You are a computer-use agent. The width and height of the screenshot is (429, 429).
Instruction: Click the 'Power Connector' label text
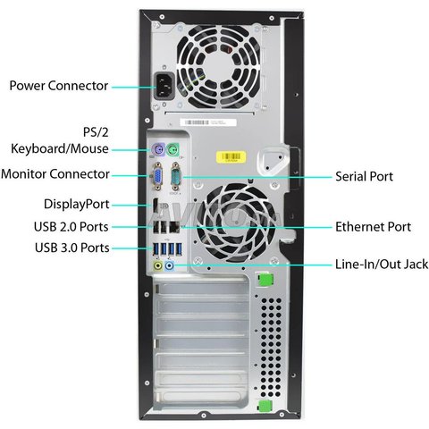59,86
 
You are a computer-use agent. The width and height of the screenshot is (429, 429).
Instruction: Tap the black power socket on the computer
164,87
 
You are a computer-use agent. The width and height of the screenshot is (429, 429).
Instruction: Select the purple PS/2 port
158,148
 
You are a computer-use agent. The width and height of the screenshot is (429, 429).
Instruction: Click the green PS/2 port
173,149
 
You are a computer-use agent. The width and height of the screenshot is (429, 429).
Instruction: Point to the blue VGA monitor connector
157,176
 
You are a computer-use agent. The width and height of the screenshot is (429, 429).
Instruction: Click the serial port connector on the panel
176,176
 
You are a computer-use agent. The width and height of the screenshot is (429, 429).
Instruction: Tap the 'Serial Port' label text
364,176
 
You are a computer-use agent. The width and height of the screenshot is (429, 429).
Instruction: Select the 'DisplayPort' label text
77,205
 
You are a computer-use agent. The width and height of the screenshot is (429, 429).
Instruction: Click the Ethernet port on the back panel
174,228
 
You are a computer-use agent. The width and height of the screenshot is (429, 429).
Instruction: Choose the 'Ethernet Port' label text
373,227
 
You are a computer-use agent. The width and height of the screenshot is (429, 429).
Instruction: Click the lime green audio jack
157,265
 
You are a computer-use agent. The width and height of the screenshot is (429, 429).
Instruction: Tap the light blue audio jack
169,265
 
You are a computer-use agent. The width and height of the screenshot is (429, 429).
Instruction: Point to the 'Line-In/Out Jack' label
382,265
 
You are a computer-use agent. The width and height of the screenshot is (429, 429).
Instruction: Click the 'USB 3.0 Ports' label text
72,248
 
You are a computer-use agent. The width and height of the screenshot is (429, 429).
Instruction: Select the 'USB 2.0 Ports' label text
71,227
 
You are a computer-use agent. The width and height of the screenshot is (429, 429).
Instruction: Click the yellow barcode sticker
231,157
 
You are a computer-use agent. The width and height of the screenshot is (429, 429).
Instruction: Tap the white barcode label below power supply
208,122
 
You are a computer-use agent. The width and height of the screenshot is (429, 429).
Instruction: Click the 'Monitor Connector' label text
55,174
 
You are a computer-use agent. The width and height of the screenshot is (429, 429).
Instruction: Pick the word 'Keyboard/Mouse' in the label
60,148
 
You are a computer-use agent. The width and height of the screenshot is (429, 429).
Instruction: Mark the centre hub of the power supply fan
218,66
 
